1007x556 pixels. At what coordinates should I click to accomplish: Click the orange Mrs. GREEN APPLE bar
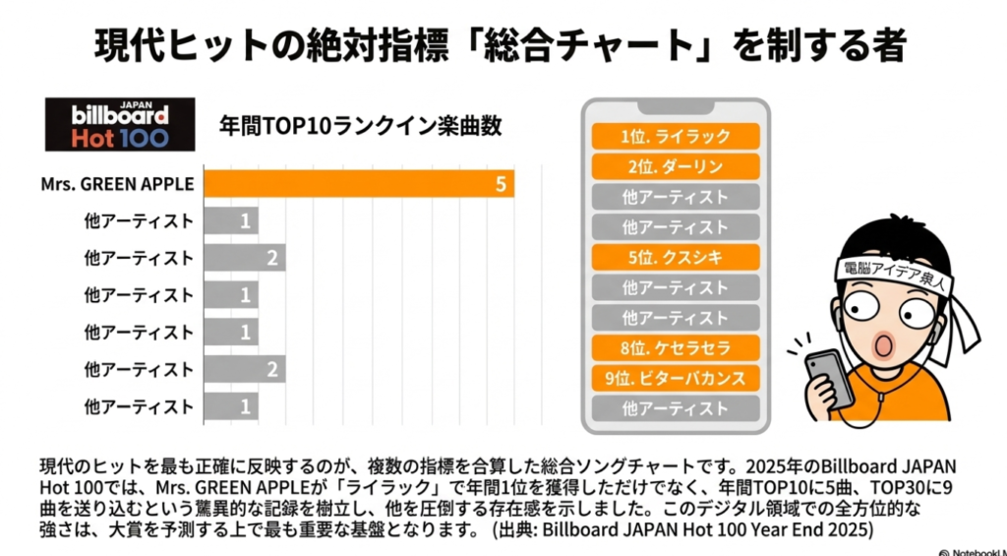[359, 184]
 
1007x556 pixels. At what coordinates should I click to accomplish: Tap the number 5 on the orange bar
[500, 185]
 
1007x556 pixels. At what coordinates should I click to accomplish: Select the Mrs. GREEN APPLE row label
[117, 184]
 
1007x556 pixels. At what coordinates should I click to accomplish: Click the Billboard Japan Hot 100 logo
[118, 123]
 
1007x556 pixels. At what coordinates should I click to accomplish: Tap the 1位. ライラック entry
[676, 137]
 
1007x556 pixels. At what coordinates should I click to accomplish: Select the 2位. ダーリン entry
[676, 166]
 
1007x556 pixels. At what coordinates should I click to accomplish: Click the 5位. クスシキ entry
[676, 257]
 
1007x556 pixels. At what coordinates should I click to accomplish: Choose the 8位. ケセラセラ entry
[676, 347]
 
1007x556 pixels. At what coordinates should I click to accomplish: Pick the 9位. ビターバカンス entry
[676, 378]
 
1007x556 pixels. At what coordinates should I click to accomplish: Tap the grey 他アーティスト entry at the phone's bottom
[676, 408]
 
